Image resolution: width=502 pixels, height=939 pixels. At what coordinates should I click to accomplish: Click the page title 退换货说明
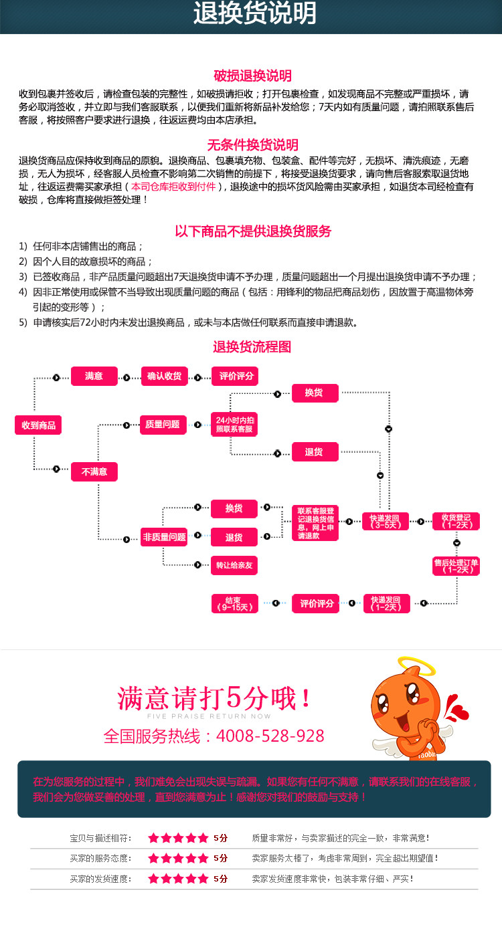coord(254,14)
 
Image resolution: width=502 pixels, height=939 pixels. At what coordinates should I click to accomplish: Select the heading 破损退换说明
coord(252,76)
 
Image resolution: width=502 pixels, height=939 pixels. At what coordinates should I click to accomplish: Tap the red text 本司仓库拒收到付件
coord(173,187)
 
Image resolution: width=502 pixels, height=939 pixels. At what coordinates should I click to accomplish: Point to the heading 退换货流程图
coord(252,347)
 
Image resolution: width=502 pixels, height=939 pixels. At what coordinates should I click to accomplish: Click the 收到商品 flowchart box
coord(38,425)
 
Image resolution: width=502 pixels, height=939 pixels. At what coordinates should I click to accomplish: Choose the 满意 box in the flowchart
coord(94,377)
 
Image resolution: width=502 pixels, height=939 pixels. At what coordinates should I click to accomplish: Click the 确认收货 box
coord(164,377)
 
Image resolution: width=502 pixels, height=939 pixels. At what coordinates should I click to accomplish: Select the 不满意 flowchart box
coord(94,472)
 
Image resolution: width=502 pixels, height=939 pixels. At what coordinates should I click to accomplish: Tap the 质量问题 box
coord(163,424)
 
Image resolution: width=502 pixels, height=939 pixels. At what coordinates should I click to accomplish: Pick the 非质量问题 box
coord(164,537)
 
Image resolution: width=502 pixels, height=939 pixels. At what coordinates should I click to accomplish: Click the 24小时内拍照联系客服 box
coord(234,425)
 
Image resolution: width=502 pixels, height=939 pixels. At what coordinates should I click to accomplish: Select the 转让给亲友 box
coord(234,566)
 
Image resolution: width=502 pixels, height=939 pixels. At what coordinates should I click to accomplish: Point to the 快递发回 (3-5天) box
coord(386,521)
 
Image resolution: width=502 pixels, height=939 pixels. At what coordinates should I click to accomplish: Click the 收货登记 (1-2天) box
coord(456,521)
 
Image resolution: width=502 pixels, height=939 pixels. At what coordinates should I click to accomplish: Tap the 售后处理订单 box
coord(456,566)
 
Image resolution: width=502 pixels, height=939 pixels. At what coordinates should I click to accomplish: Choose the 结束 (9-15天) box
coord(234,603)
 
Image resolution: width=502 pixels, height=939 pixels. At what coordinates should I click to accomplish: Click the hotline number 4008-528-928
coord(272,736)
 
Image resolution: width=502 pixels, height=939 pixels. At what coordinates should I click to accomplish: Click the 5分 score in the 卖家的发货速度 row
coord(221,879)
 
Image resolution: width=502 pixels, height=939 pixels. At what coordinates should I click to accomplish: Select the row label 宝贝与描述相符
coord(101,838)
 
